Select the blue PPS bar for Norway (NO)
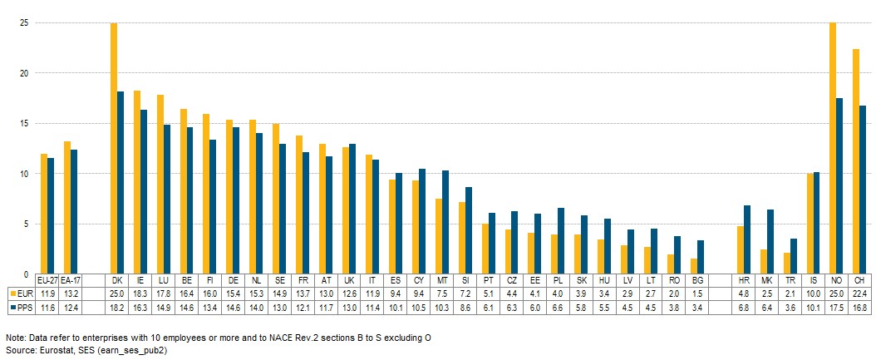(x=839, y=186)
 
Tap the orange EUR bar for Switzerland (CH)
(x=856, y=161)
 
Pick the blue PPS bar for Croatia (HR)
(x=747, y=239)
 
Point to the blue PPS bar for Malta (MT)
(x=445, y=222)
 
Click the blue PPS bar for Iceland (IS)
(x=816, y=223)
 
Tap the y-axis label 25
(x=23, y=23)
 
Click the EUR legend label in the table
(x=24, y=293)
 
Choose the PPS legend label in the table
(x=24, y=307)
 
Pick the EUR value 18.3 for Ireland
(x=140, y=293)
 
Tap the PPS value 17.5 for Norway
(x=836, y=307)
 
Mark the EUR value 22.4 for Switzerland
(x=859, y=293)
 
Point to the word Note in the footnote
(x=15, y=338)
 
